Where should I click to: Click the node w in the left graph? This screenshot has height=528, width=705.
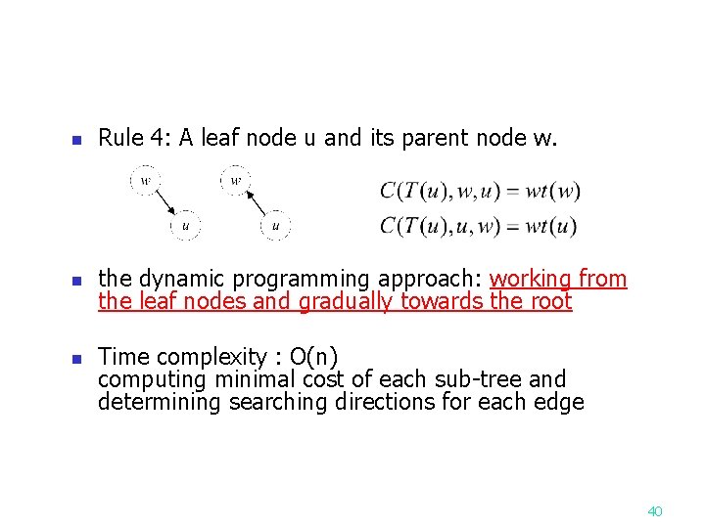click(146, 181)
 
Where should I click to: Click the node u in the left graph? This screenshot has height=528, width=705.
click(185, 227)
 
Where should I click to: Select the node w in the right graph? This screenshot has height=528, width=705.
click(235, 181)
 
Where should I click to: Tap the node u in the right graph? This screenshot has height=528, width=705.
click(275, 227)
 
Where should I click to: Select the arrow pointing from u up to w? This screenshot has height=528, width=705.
click(255, 203)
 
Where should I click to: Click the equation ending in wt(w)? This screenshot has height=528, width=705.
click(480, 192)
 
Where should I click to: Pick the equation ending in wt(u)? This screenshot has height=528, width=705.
click(479, 227)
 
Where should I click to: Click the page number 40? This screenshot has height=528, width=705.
click(655, 511)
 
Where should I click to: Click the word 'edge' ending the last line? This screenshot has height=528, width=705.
click(560, 402)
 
